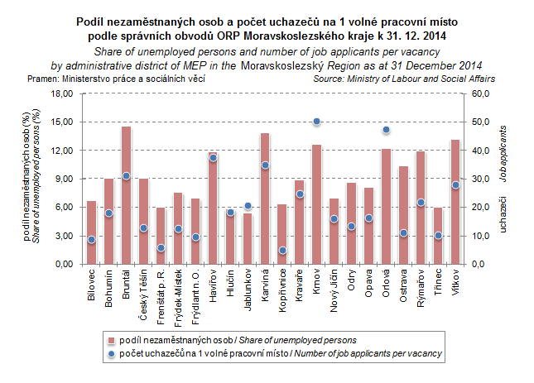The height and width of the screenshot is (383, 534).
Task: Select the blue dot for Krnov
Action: [x=316, y=122]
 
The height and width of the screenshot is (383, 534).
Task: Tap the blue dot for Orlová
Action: [x=386, y=130]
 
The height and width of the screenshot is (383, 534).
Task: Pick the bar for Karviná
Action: [x=265, y=199]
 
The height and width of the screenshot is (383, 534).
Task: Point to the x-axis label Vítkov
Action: [x=455, y=283]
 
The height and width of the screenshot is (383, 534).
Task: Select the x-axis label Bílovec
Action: [x=91, y=285]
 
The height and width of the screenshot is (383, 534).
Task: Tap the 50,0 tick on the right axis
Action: [x=480, y=122]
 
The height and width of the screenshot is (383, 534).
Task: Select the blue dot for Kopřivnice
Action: [x=282, y=250]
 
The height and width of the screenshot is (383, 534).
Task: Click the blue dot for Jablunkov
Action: [x=248, y=206]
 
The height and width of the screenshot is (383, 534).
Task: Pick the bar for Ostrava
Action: [x=403, y=215]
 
